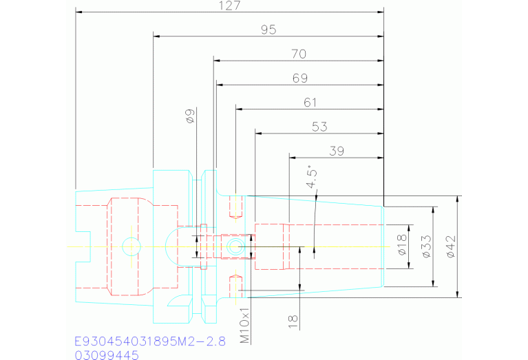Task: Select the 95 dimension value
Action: point(268,30)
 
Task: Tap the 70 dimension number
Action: point(299,54)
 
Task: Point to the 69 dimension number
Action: point(299,78)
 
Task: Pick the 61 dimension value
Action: point(310,103)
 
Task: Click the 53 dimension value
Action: point(319,127)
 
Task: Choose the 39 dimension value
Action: point(337,151)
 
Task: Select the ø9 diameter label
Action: point(191,116)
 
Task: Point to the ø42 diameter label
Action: point(451,246)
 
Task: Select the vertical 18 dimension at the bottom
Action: point(294,319)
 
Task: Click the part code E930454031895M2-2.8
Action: point(149,342)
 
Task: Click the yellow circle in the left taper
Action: point(129,246)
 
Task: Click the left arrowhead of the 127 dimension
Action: point(79,12)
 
